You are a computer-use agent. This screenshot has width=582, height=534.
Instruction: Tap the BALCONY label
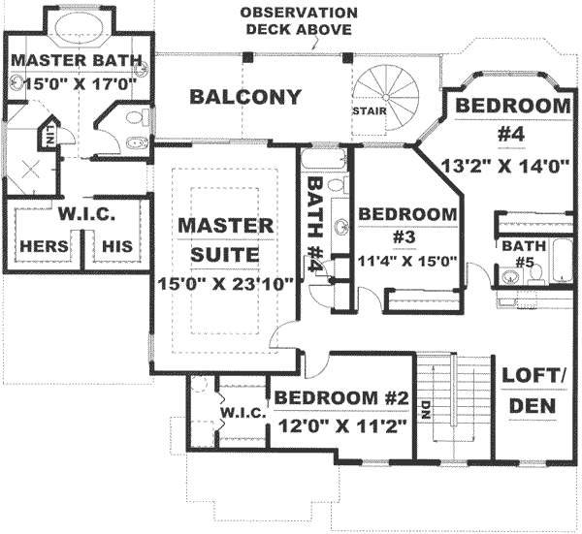(245, 97)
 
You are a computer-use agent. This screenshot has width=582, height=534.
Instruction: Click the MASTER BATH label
(75, 61)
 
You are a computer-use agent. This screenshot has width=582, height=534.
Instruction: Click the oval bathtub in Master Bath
(75, 30)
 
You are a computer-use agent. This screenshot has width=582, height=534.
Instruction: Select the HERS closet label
(44, 246)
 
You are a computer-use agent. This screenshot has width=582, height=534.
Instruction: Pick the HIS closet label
(117, 246)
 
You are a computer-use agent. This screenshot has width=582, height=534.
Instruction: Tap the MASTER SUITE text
(225, 239)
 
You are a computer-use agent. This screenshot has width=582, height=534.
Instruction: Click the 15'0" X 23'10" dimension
(225, 286)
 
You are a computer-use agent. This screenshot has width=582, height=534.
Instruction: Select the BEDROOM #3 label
(407, 224)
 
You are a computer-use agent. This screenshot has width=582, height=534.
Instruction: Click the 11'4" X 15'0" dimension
(407, 260)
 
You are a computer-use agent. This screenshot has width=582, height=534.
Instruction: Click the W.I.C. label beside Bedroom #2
(242, 413)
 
